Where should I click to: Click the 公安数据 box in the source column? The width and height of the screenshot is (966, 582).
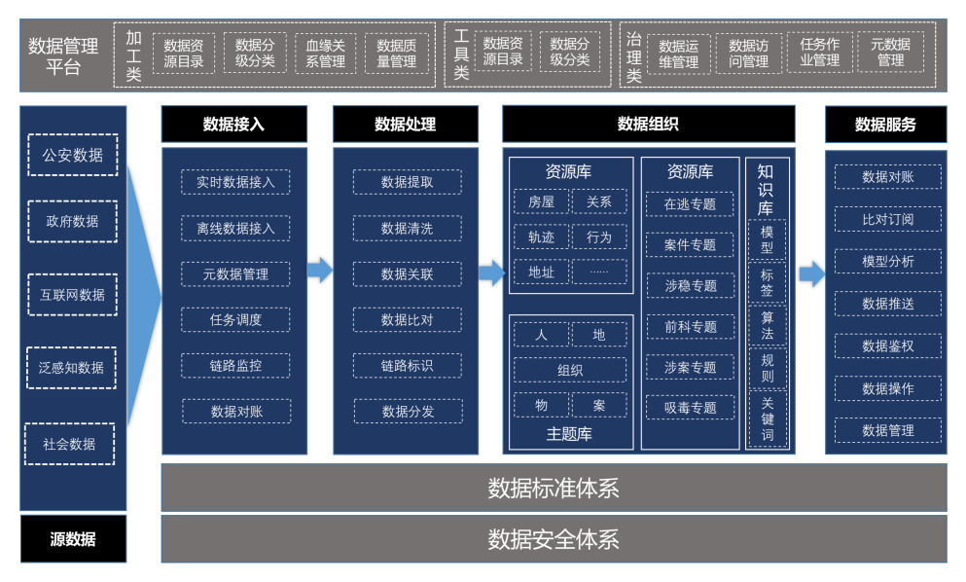click(x=73, y=155)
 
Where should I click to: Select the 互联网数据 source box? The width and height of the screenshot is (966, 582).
click(x=73, y=294)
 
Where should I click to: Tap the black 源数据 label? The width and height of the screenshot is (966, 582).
click(x=73, y=539)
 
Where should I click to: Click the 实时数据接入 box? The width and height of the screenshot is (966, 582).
click(x=235, y=182)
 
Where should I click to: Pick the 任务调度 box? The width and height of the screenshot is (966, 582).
click(x=235, y=319)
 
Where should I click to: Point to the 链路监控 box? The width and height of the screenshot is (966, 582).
click(x=235, y=366)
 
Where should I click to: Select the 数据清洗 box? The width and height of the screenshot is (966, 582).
click(x=407, y=229)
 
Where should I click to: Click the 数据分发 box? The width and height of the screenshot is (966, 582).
click(x=407, y=411)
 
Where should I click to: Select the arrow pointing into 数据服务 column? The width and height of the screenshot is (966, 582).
click(x=811, y=274)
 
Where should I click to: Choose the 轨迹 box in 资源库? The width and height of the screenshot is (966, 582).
click(x=541, y=236)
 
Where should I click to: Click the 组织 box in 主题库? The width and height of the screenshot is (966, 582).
click(x=570, y=370)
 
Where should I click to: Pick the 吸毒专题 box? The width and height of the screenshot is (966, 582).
click(x=690, y=408)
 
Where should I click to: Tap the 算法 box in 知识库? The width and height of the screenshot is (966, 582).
click(x=767, y=325)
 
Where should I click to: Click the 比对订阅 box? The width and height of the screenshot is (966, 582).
click(x=887, y=219)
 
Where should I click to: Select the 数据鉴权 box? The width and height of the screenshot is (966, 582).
click(x=887, y=346)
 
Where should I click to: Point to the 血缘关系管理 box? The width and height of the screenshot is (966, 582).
click(x=325, y=53)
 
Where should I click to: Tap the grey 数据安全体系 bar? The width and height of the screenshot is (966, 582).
click(x=554, y=539)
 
